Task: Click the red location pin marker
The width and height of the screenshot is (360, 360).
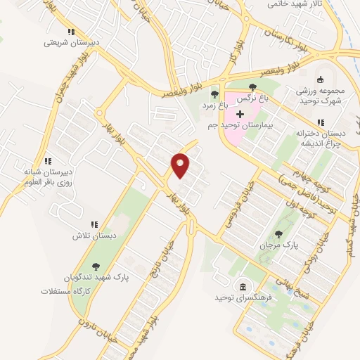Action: pos(181,165)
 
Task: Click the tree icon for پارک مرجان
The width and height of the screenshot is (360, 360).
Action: pos(279,233)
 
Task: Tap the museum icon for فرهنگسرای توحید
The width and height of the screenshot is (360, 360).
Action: pos(243,287)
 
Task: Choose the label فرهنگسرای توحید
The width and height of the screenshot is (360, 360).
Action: pos(243,298)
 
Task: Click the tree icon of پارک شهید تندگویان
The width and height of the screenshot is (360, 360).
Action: pos(96,266)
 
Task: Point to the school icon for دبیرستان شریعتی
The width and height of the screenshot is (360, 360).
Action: pos(70,32)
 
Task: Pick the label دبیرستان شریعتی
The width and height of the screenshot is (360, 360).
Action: pos(69,42)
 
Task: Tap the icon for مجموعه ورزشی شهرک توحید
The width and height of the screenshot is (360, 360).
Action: pos(321,79)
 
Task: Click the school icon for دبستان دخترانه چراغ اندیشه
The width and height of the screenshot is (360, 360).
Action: pos(321,122)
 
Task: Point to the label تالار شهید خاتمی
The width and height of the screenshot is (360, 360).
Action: pos(295,4)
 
